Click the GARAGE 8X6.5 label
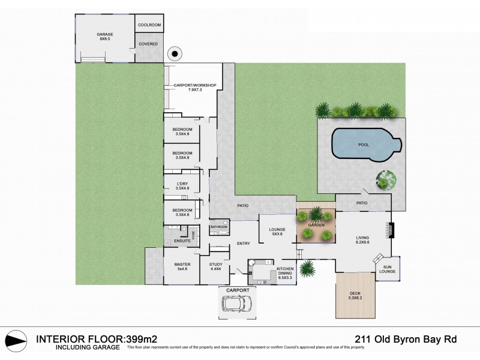(x=105, y=37)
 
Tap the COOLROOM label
(x=148, y=25)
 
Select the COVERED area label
(x=148, y=44)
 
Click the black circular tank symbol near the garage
(x=175, y=54)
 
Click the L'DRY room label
(x=182, y=186)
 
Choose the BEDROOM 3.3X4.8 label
(x=182, y=212)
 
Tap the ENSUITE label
(x=182, y=241)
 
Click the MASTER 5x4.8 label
(x=182, y=267)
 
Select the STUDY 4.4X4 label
(x=216, y=267)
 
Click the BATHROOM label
(x=218, y=227)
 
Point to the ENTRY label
(x=243, y=244)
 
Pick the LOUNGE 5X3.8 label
(x=277, y=231)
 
